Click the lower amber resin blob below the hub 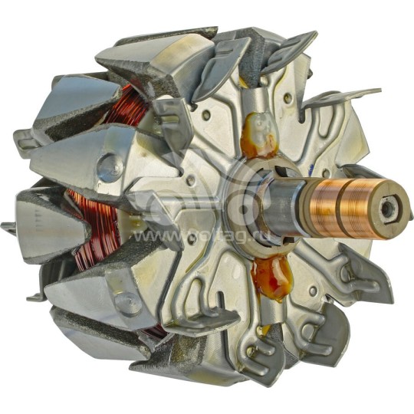271,275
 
